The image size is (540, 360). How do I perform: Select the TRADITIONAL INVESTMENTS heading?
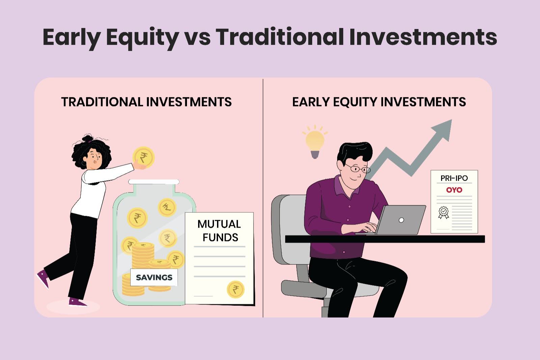[146, 102]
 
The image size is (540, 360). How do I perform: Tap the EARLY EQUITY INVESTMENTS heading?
[379, 102]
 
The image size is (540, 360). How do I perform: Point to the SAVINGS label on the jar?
[154, 277]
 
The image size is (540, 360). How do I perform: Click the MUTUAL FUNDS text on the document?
[219, 231]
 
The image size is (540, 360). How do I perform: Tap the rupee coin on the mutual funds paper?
[235, 289]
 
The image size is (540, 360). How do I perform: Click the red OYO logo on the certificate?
[454, 190]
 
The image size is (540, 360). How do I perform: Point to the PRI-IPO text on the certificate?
[454, 178]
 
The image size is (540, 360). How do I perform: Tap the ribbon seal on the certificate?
[443, 213]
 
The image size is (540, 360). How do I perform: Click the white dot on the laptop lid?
[401, 220]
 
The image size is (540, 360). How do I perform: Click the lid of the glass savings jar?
[154, 182]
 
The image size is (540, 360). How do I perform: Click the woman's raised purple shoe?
[43, 278]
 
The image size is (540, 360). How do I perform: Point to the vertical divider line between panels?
[263, 203]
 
